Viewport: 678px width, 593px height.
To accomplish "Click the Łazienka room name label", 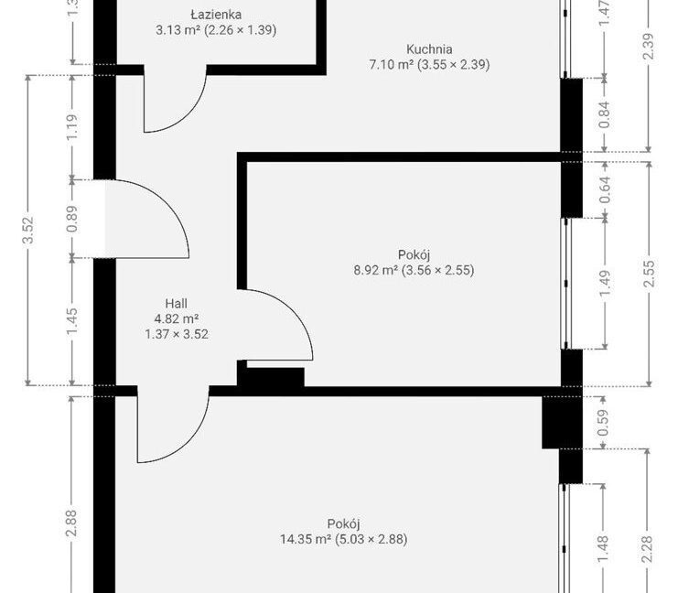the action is (x=216, y=15).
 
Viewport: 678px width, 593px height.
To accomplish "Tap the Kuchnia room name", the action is (x=429, y=49).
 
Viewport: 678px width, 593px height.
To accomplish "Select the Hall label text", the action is (x=176, y=303).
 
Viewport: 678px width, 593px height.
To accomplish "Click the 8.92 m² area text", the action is (x=376, y=270).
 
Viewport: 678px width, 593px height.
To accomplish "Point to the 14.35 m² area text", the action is (x=306, y=539).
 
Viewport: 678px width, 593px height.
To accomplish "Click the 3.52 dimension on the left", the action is (x=28, y=230).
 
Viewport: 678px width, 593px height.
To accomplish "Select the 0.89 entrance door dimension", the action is (x=72, y=219).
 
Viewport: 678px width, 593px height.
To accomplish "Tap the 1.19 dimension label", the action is (x=72, y=126).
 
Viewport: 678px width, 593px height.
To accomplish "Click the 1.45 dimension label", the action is (x=72, y=321).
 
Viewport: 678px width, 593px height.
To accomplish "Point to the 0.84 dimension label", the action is (x=605, y=114).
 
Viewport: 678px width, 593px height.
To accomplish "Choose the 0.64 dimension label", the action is (x=605, y=189).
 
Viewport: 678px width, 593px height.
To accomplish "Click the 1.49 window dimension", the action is (x=605, y=284).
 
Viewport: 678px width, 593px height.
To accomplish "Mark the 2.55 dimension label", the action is (x=649, y=274).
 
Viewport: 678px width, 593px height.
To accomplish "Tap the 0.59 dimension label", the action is (x=603, y=423).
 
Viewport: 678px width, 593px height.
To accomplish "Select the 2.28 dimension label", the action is (x=647, y=549).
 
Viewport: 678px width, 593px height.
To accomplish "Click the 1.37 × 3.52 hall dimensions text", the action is (x=177, y=334).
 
